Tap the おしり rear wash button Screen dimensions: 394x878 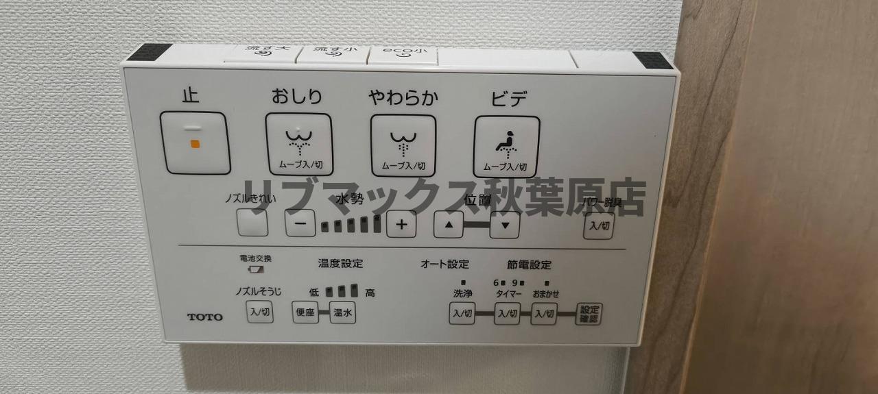coord(298,145)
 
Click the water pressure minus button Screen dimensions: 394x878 coord(300,223)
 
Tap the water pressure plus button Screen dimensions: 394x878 coord(401,223)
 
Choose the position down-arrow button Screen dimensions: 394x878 coord(505,225)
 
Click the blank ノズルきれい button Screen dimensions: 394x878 coord(252,223)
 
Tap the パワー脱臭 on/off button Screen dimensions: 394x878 coord(598,225)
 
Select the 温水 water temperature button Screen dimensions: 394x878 coord(342,312)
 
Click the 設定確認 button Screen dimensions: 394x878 coord(588,314)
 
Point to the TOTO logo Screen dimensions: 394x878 coord(205,317)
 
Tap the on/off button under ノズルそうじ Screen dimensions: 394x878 coord(260,311)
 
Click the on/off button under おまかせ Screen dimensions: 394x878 coord(544,314)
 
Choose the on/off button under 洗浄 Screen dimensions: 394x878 coord(462,314)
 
